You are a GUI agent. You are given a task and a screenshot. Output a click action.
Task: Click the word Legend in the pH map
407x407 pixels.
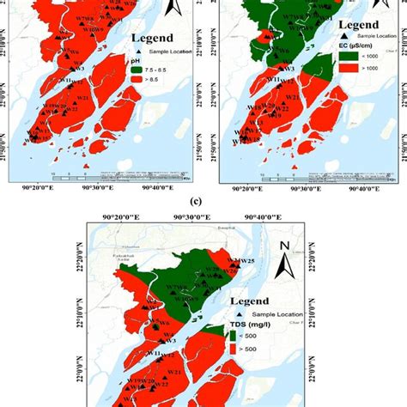click(x=154, y=38)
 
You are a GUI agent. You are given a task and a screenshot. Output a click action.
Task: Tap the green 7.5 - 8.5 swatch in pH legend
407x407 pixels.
click(x=139, y=70)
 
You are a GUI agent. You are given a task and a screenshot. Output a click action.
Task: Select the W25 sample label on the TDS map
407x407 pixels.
click(x=246, y=260)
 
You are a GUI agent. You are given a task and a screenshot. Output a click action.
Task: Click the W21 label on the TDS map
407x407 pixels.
click(x=174, y=373)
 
